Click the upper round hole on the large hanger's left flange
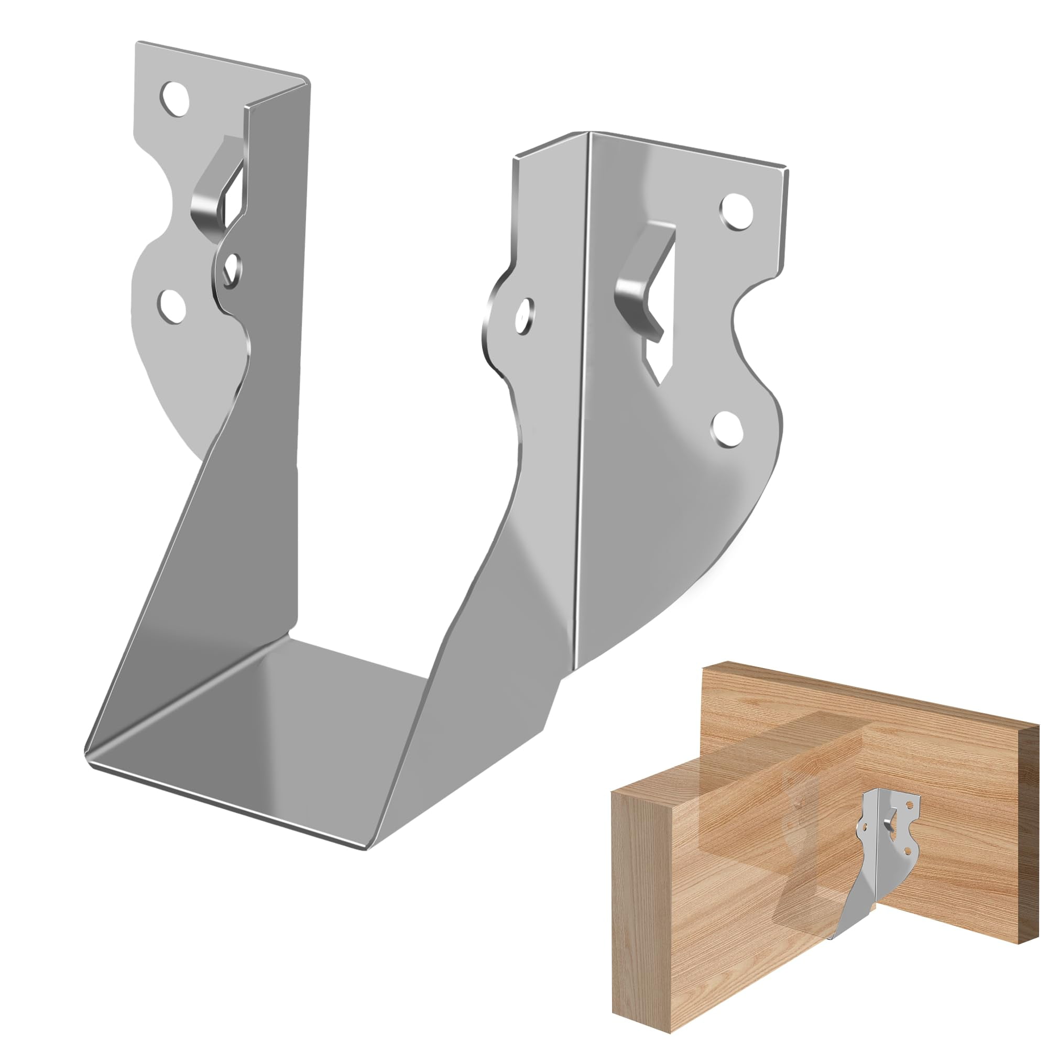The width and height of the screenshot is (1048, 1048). pyautogui.click(x=174, y=99)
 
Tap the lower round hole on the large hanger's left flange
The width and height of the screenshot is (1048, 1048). pyautogui.click(x=172, y=305)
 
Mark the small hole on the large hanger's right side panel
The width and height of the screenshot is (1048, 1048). pyautogui.click(x=523, y=314)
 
